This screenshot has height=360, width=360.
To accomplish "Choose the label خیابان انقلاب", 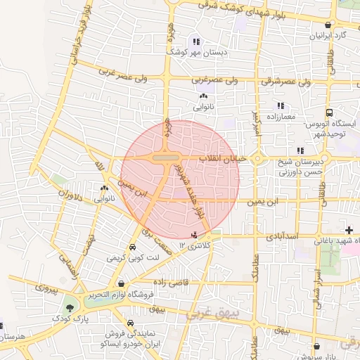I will click(224, 159).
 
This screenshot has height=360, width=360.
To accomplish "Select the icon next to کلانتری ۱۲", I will click(195, 234).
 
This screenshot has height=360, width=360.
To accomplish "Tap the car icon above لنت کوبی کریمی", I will click(133, 247).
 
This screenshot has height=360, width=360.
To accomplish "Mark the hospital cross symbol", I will click(349, 231).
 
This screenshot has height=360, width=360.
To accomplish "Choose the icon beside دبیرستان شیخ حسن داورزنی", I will click(300, 150).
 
